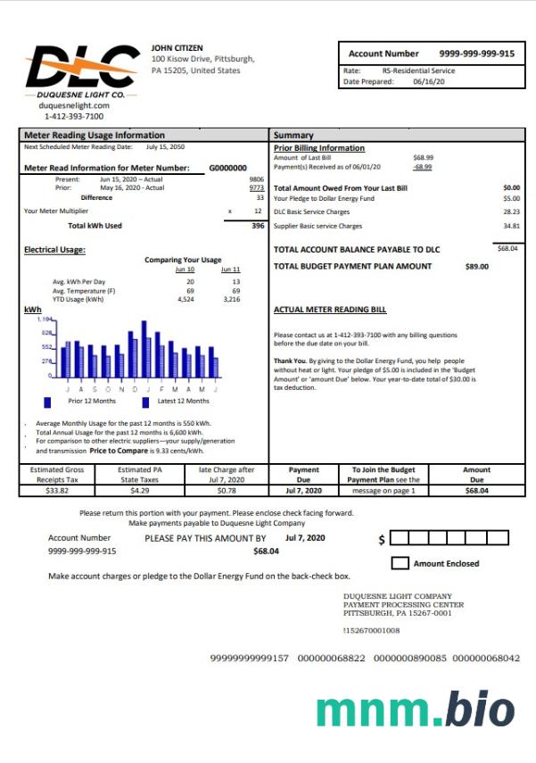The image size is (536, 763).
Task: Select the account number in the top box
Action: (x=476, y=54)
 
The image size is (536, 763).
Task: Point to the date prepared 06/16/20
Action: (x=428, y=81)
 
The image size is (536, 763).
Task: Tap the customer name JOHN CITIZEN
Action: (x=178, y=46)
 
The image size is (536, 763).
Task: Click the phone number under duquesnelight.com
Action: (x=73, y=116)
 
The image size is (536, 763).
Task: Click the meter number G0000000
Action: (x=227, y=167)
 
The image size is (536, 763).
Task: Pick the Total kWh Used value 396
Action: (x=258, y=226)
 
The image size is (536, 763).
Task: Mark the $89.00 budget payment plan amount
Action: (x=477, y=266)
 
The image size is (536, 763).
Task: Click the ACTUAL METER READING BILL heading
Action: (x=330, y=310)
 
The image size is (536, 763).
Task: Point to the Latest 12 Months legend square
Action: (x=146, y=402)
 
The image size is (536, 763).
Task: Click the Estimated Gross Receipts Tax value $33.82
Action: (x=57, y=490)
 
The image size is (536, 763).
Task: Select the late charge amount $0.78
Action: (x=227, y=490)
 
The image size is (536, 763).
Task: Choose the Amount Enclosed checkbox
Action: (x=400, y=563)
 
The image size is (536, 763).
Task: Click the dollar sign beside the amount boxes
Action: (x=382, y=540)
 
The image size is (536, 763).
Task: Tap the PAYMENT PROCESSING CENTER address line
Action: (x=403, y=604)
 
